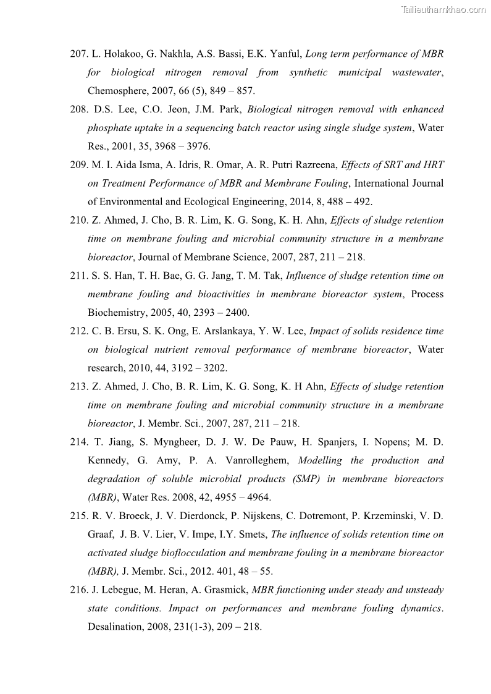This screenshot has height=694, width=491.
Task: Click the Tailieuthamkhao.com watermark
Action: pos(443,9)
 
